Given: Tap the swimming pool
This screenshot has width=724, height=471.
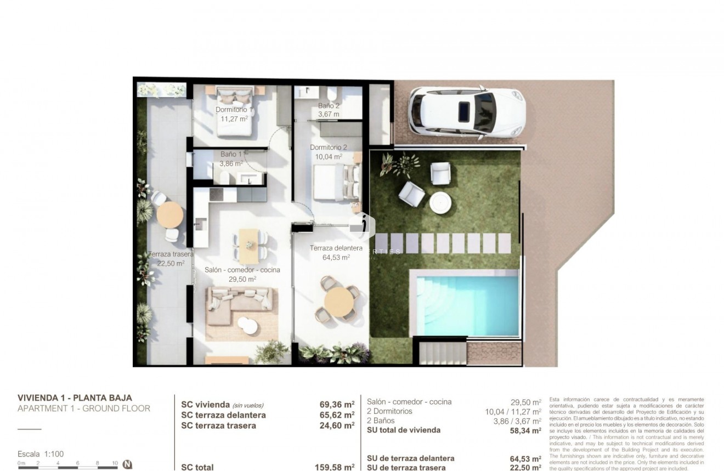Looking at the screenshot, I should [x=467, y=305].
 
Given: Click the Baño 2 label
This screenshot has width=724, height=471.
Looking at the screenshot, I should [x=329, y=105].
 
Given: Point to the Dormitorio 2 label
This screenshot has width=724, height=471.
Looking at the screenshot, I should [x=328, y=147].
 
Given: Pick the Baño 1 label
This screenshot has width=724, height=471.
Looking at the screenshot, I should [x=231, y=155].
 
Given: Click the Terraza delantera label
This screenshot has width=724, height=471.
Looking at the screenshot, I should [x=336, y=248].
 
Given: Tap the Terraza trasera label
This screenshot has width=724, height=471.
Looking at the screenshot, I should [x=171, y=254].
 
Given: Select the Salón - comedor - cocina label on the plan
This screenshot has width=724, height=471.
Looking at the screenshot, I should [x=242, y=270].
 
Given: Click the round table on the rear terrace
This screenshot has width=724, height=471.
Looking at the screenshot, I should [x=169, y=214].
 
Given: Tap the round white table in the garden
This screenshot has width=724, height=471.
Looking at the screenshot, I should [x=440, y=203].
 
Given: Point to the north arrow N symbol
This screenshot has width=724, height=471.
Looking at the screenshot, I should [x=127, y=464].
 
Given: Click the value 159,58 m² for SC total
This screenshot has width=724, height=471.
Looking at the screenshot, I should [x=335, y=467].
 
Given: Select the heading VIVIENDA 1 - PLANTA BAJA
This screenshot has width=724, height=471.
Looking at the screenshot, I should [x=75, y=398].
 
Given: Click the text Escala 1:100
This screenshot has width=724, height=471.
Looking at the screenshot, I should [x=41, y=454].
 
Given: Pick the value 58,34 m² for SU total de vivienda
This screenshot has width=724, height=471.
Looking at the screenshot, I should [x=525, y=430].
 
